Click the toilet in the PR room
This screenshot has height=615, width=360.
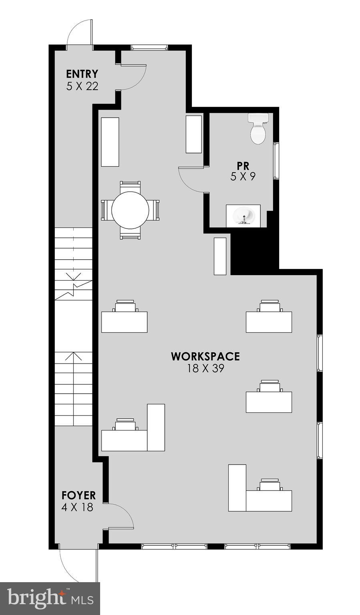click(257, 129)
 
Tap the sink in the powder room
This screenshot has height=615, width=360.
click(243, 216)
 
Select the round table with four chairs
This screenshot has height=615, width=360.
click(130, 210)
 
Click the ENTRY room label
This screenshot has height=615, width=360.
click(82, 74)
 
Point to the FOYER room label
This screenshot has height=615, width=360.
click(78, 495)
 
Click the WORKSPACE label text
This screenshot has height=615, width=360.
click(205, 356)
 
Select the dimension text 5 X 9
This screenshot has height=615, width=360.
click(243, 177)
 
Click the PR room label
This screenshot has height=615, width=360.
click(243, 165)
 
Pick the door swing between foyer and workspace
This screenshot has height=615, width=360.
click(120, 517)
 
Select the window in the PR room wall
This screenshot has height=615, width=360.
click(276, 161)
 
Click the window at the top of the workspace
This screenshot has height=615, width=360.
click(149, 47)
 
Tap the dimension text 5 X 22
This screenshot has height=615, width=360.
click(82, 86)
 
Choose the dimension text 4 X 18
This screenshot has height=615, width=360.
click(77, 507)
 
